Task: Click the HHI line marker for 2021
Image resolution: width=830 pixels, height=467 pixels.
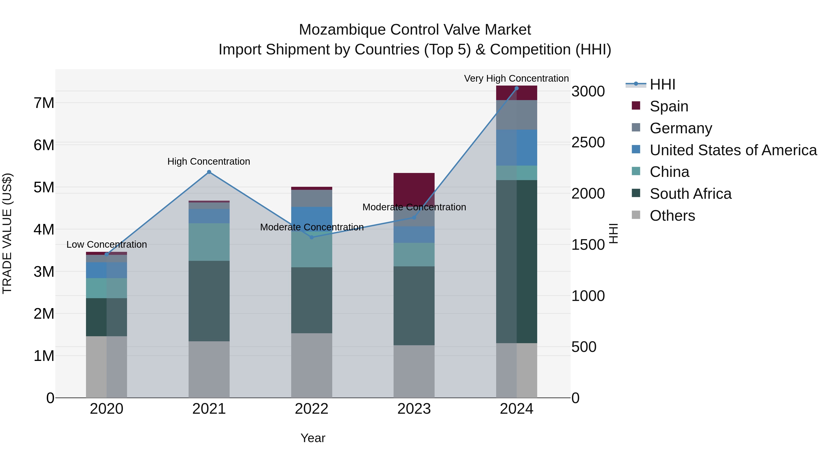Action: point(209,172)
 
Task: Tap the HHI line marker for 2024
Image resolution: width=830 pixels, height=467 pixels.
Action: point(516,88)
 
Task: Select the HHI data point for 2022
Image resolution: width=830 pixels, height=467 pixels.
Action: point(311,238)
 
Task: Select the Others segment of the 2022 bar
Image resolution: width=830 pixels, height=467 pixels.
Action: point(311,366)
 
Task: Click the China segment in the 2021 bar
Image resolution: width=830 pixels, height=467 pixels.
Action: point(209,242)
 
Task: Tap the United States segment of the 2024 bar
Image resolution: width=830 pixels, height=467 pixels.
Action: point(516,148)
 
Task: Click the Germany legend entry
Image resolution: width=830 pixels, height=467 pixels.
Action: point(681,128)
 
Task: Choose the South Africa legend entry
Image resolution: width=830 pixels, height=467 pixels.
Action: point(690,194)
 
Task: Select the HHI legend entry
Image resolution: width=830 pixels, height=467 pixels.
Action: point(662,84)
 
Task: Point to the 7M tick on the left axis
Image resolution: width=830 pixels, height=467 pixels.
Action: point(44,103)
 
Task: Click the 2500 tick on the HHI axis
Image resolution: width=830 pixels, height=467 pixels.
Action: point(588,143)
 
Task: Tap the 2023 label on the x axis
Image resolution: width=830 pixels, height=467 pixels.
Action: point(414,409)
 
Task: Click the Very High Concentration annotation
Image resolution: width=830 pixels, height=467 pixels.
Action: point(516,78)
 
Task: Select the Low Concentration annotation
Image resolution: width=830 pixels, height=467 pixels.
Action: point(107,245)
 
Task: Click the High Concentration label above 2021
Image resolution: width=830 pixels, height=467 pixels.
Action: point(209,161)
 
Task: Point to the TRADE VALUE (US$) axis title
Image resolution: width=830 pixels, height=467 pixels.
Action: point(7,233)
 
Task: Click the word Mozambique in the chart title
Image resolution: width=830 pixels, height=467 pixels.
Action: point(342,30)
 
